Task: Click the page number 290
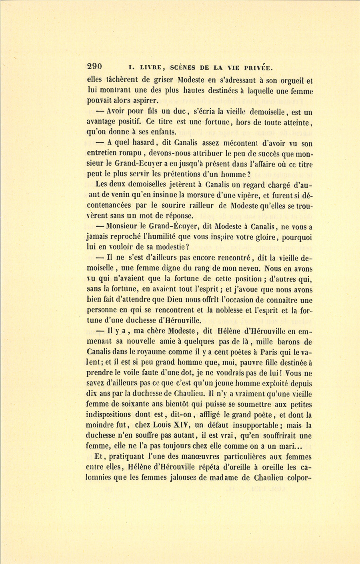point(94,67)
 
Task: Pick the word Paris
point(270,352)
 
